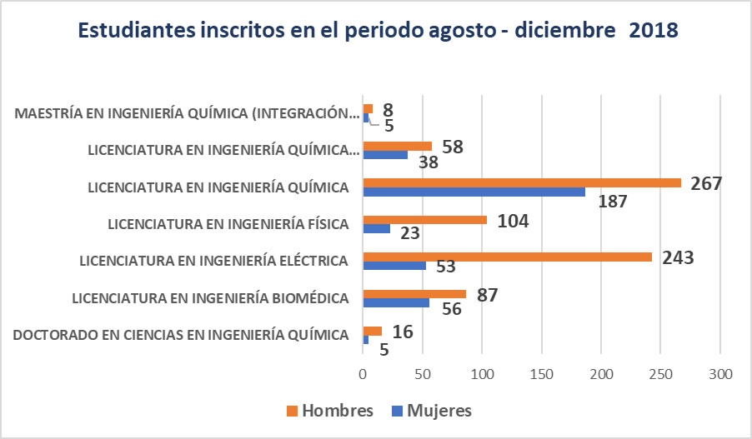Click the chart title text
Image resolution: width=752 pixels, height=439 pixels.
click(378, 31)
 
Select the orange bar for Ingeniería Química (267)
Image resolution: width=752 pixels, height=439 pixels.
click(521, 183)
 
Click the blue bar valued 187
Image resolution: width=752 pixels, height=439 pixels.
click(474, 192)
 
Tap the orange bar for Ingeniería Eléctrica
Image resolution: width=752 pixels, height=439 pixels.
click(507, 257)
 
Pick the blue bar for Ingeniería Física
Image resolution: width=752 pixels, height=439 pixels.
click(376, 229)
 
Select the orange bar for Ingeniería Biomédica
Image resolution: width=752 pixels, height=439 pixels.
click(414, 293)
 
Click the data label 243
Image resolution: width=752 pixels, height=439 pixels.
click(677, 257)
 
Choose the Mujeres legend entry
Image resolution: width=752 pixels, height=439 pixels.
click(429, 411)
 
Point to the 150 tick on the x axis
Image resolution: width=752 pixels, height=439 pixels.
click(542, 375)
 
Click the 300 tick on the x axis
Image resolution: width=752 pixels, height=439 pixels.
click(719, 375)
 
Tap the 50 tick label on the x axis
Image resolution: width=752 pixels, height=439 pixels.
click(423, 375)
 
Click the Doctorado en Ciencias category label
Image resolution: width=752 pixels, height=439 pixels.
click(181, 335)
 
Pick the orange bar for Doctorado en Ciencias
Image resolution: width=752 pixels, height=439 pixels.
click(372, 331)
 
